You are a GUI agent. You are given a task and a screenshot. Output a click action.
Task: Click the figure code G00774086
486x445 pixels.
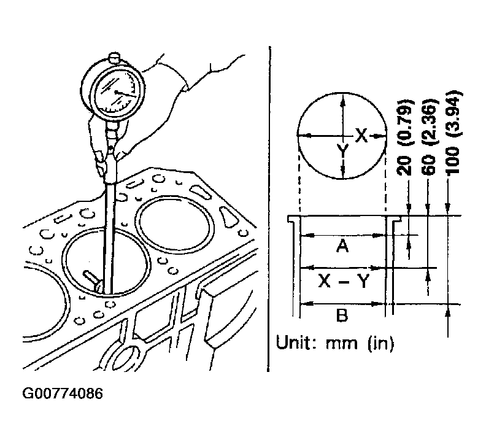63,394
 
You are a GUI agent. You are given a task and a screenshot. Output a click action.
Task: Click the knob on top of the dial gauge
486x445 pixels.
114,58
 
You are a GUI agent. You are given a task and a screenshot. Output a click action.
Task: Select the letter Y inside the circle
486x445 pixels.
342,151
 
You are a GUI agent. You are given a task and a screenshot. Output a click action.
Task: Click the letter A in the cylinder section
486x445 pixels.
342,247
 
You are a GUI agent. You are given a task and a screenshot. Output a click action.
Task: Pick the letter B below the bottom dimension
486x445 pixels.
342,315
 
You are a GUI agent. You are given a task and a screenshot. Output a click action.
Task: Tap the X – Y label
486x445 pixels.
344,282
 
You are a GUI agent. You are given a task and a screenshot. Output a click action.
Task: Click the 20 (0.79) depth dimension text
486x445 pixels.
405,137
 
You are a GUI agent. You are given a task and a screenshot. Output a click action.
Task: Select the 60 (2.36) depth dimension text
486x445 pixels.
430,137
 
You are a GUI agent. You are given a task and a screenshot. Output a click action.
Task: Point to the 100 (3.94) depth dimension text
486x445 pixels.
452,132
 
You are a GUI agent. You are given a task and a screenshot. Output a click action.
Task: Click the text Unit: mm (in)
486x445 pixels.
335,342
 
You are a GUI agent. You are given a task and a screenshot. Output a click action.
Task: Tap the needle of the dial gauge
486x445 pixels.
126,94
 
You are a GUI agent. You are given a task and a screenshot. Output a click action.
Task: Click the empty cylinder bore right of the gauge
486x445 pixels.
175,223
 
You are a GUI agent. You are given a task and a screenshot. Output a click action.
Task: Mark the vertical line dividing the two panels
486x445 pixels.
269,209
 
